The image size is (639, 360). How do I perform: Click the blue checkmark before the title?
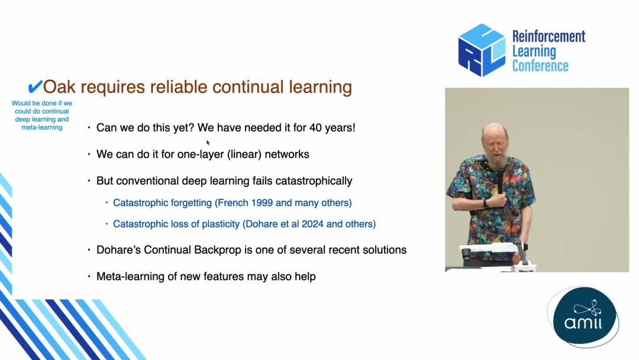point(35,86)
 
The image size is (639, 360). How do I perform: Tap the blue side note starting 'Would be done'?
point(41,115)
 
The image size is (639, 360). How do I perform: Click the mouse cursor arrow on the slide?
point(208,142)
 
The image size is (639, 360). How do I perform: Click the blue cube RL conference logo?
point(482,50)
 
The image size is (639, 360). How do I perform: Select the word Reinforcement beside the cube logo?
point(548,36)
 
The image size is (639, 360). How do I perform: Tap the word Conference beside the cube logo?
point(540,66)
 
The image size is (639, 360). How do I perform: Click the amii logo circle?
point(585,317)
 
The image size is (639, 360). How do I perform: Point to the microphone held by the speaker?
point(500,181)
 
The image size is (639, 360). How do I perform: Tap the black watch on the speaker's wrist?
point(485,204)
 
